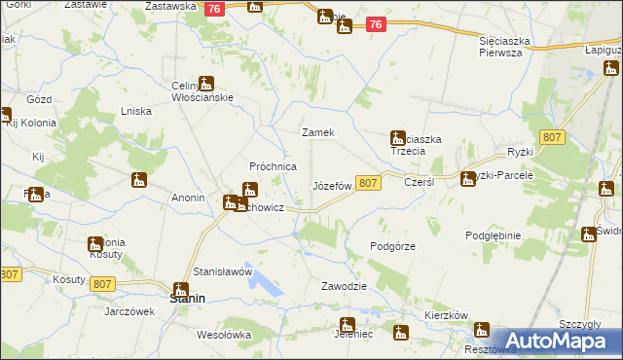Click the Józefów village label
click(331, 185)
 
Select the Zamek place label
click(318, 132)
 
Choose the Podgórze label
click(393, 246)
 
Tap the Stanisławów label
click(223, 271)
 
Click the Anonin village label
click(187, 198)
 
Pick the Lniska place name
click(135, 111)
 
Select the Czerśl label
click(419, 182)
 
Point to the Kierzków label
click(448, 316)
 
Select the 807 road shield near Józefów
click(367, 183)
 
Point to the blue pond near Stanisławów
click(264, 282)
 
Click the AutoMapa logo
click(550, 341)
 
